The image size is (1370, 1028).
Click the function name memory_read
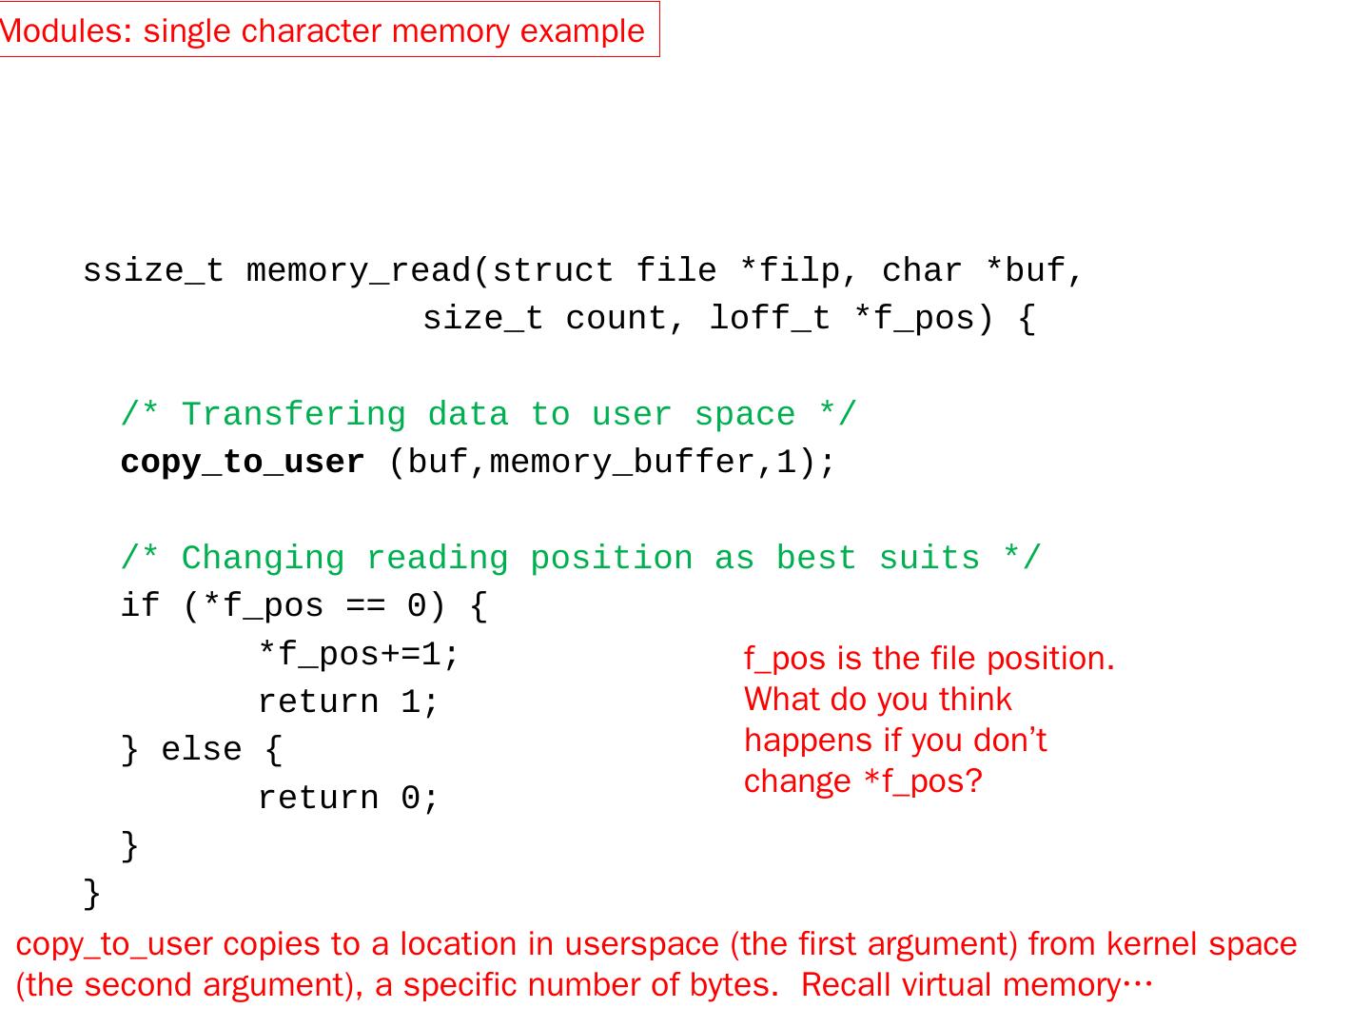pos(358,271)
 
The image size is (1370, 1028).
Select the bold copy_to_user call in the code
pos(243,463)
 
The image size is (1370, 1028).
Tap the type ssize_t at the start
pos(153,271)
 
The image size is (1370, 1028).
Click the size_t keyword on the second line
pos(483,319)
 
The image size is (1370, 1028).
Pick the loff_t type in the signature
pos(770,319)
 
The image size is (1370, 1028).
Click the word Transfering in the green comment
pos(293,415)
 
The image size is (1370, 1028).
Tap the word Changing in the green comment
pos(263,559)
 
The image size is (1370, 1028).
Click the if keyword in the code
pos(140,606)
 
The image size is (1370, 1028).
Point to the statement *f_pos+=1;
pos(359,655)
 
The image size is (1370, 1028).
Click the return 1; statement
pos(348,702)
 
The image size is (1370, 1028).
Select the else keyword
pos(202,750)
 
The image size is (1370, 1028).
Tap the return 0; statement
pos(348,799)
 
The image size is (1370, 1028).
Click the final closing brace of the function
pos(91,894)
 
